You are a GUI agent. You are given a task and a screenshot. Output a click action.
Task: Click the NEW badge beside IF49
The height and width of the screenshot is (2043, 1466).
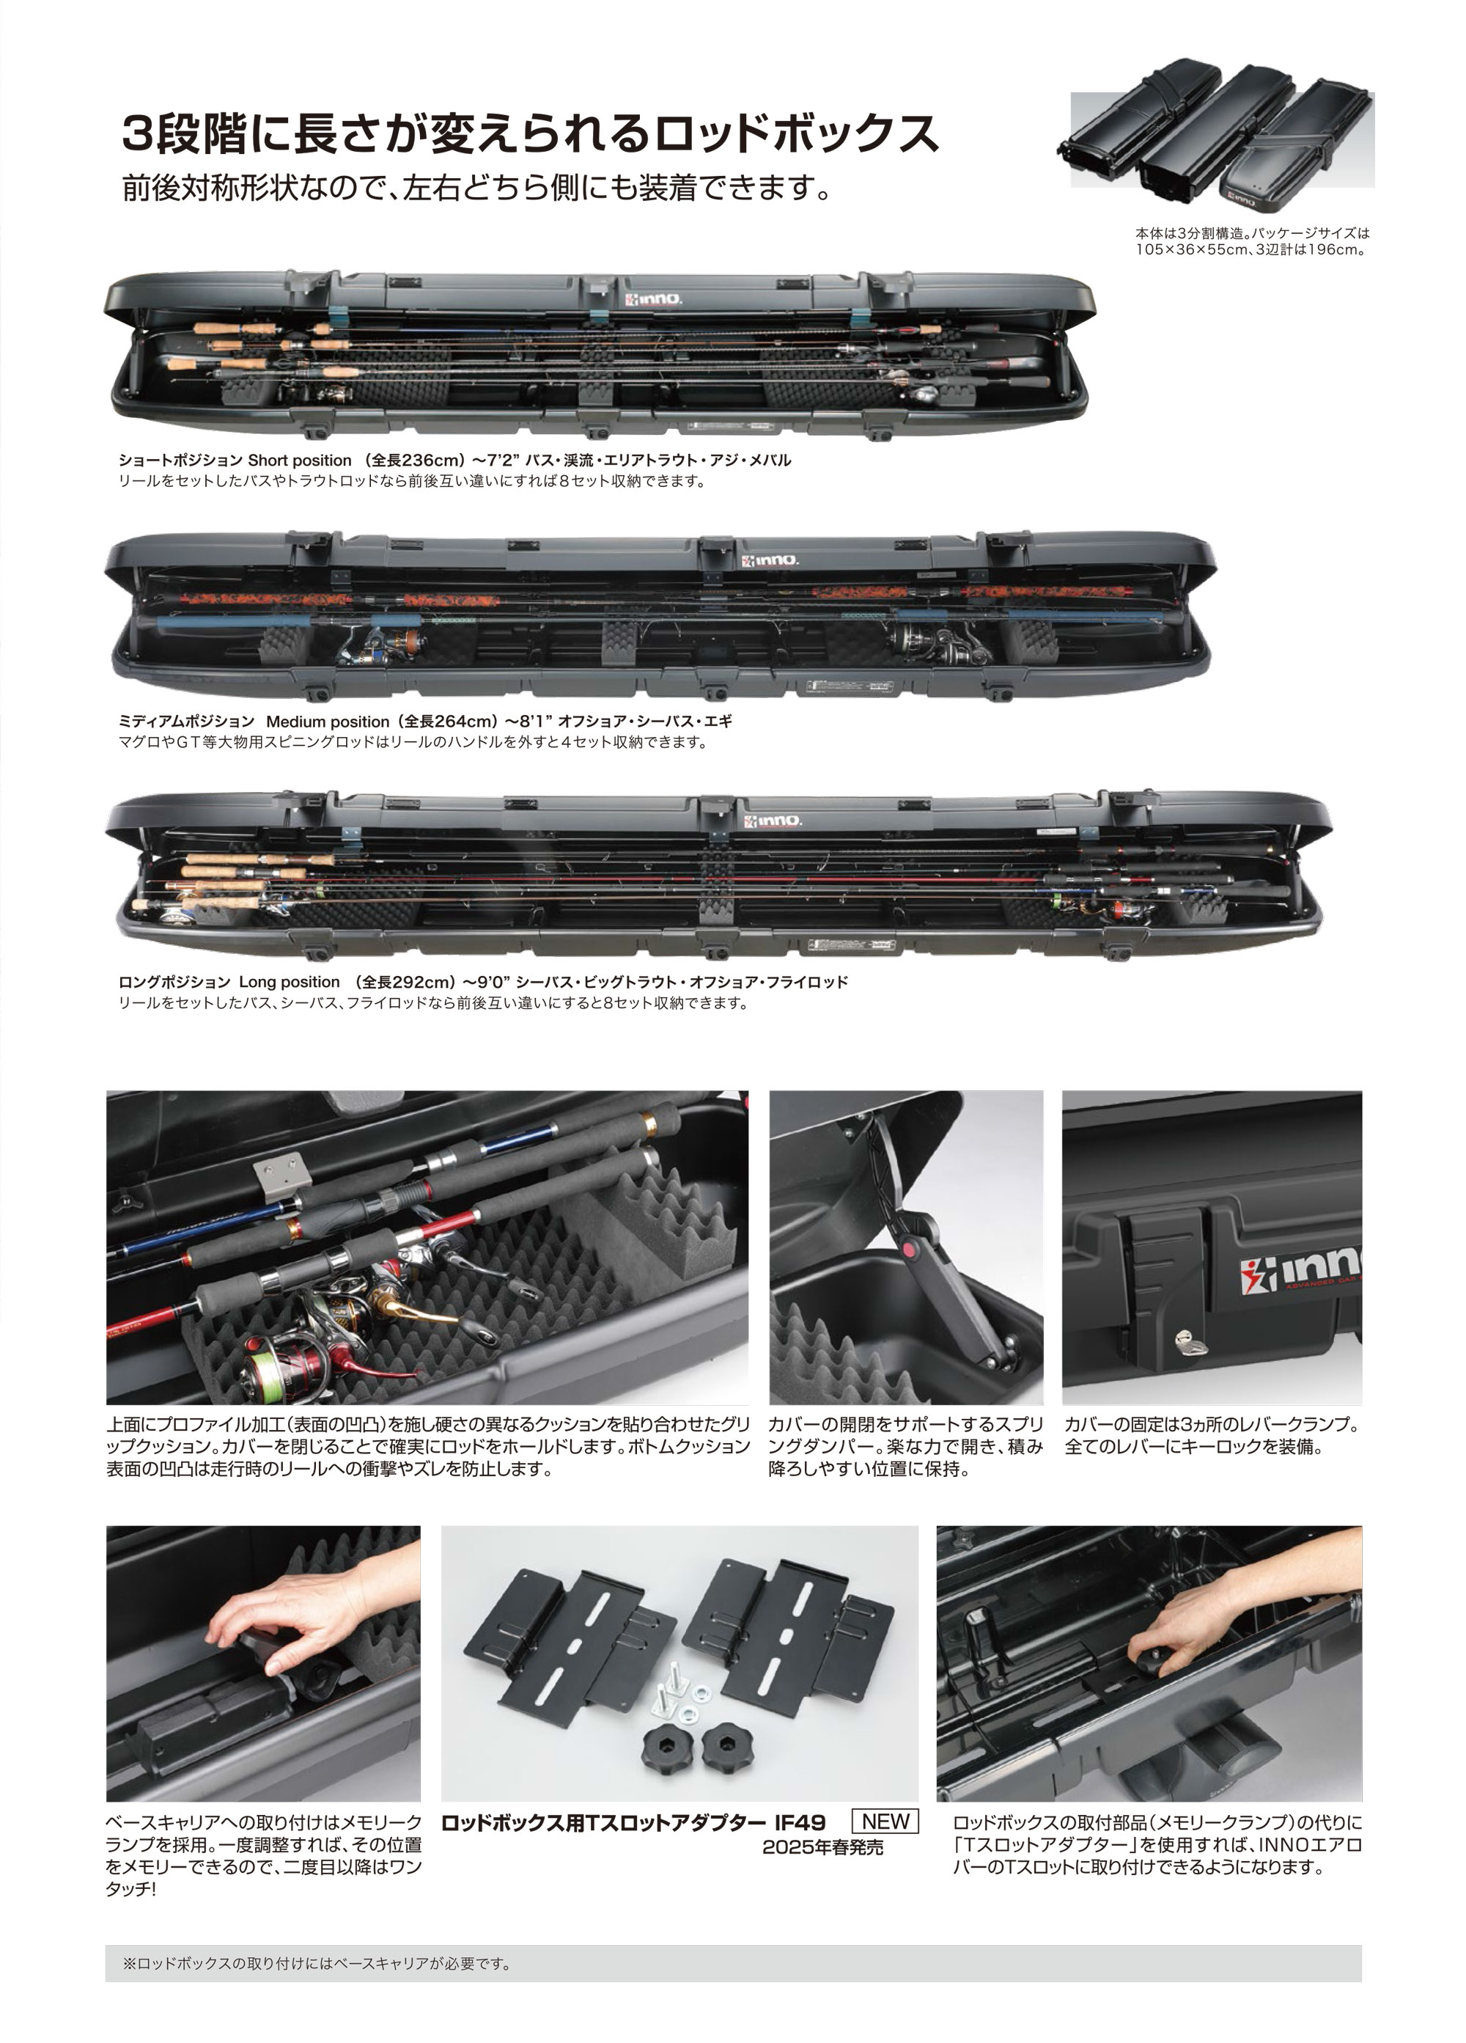click(884, 1821)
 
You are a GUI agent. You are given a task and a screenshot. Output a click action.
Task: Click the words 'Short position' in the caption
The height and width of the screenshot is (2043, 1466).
click(299, 461)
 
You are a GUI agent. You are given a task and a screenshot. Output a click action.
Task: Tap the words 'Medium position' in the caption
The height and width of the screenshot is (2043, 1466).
click(327, 722)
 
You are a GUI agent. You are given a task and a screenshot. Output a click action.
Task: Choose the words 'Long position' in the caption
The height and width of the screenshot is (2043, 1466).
click(289, 982)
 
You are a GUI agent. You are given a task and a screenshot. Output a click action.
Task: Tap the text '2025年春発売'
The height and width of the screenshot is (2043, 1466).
click(822, 1846)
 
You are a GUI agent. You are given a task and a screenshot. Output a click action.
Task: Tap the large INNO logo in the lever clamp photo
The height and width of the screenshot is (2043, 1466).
click(1301, 1269)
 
